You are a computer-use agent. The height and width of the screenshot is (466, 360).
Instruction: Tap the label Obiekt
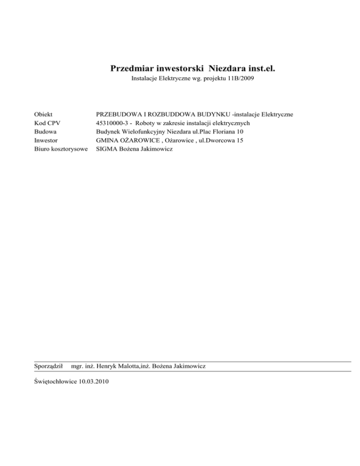[x=44, y=114]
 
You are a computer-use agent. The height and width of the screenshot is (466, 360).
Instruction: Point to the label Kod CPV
[x=47, y=123]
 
